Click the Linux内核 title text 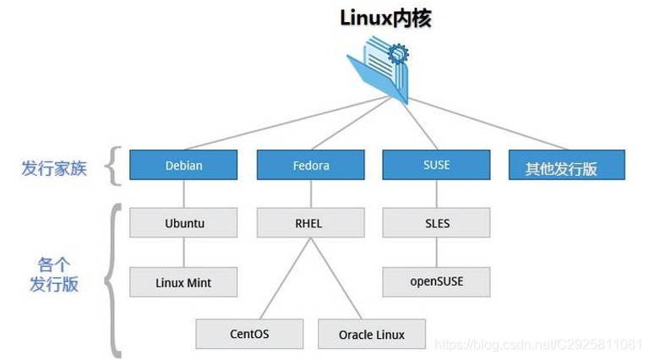coord(385,18)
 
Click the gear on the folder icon coord(397,56)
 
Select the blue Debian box coord(183,166)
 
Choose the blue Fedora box coord(309,166)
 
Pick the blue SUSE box coord(436,166)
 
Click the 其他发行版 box coord(565,166)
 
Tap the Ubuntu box coord(183,224)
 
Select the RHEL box coord(309,224)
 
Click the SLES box coord(436,224)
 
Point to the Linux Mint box coord(183,282)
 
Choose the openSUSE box coord(436,281)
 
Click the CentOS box coord(249,334)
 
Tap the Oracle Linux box coord(372,335)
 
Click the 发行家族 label coord(54,168)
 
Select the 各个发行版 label coord(54,275)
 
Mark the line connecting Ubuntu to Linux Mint coord(183,253)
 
